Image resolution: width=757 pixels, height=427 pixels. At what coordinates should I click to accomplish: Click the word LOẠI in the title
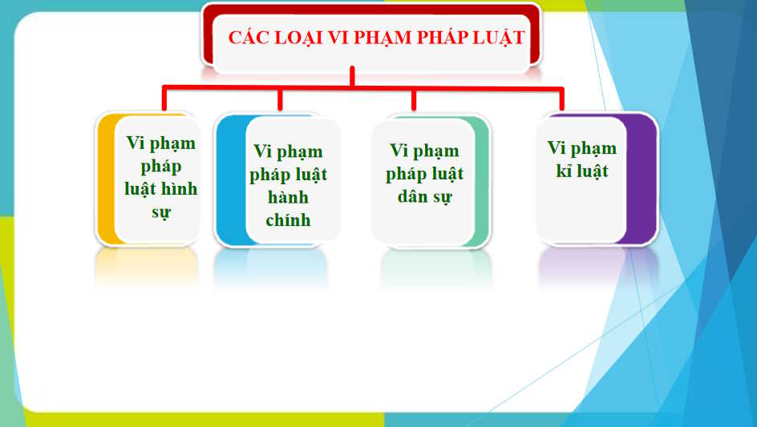(298, 38)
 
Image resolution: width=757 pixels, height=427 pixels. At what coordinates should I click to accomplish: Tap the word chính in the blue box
(288, 220)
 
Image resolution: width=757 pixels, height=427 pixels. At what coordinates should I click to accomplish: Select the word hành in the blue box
(288, 197)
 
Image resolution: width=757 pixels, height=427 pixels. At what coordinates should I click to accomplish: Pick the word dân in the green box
(412, 196)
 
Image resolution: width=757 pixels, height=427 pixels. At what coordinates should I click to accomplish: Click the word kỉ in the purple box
(564, 171)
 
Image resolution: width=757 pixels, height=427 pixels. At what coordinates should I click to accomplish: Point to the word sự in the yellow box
(161, 212)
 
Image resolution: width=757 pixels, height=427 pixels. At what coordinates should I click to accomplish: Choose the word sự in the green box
(442, 197)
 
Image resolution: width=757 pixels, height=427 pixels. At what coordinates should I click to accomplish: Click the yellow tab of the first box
(106, 179)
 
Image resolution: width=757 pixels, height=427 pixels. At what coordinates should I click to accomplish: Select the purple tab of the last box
(642, 179)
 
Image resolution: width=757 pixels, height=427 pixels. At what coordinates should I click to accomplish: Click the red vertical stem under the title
(352, 76)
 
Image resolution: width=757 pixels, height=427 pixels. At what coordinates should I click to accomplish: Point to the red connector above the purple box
(561, 99)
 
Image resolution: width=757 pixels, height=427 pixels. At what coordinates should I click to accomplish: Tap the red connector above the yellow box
(164, 98)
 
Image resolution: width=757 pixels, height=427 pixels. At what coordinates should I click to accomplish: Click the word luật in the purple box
(592, 171)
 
